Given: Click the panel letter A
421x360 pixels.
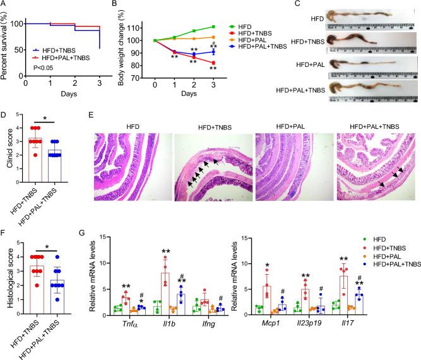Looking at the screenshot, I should [x=4, y=4].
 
